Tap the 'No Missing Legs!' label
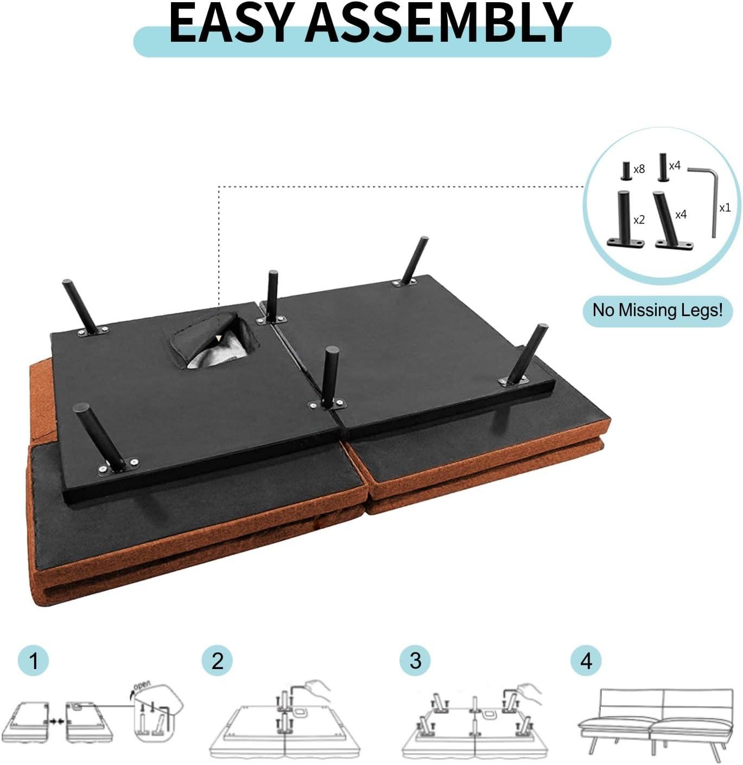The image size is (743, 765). pos(658,310)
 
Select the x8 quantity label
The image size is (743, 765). pos(639,169)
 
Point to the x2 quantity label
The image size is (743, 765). pos(639,220)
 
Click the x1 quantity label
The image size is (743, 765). pos(725,208)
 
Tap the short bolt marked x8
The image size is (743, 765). pos(626,171)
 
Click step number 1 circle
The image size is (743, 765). pos(34,661)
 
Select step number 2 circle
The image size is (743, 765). pos(217,661)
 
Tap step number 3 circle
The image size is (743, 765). pos(415,661)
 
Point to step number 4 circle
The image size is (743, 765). pos(586,661)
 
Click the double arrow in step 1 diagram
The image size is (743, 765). pos(57,722)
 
